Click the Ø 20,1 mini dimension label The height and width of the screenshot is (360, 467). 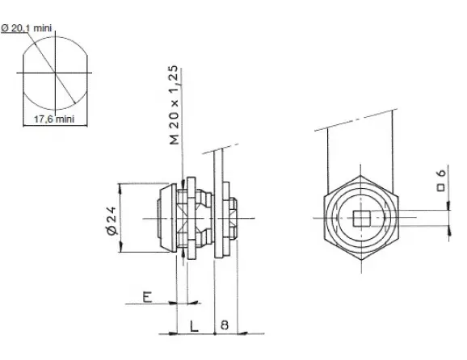coord(27,28)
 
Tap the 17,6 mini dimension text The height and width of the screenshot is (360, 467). coord(54,119)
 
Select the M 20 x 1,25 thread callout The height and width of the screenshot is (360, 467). coord(175,105)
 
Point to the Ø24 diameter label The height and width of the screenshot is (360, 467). coord(111,220)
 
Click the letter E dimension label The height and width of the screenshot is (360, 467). coord(147,297)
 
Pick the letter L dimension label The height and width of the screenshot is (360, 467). coord(194,326)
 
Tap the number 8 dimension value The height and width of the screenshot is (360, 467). coord(225,325)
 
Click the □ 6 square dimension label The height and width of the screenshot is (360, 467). coord(441,181)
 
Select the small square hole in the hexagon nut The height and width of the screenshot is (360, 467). coord(361,219)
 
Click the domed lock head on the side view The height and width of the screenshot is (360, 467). coord(167,218)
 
